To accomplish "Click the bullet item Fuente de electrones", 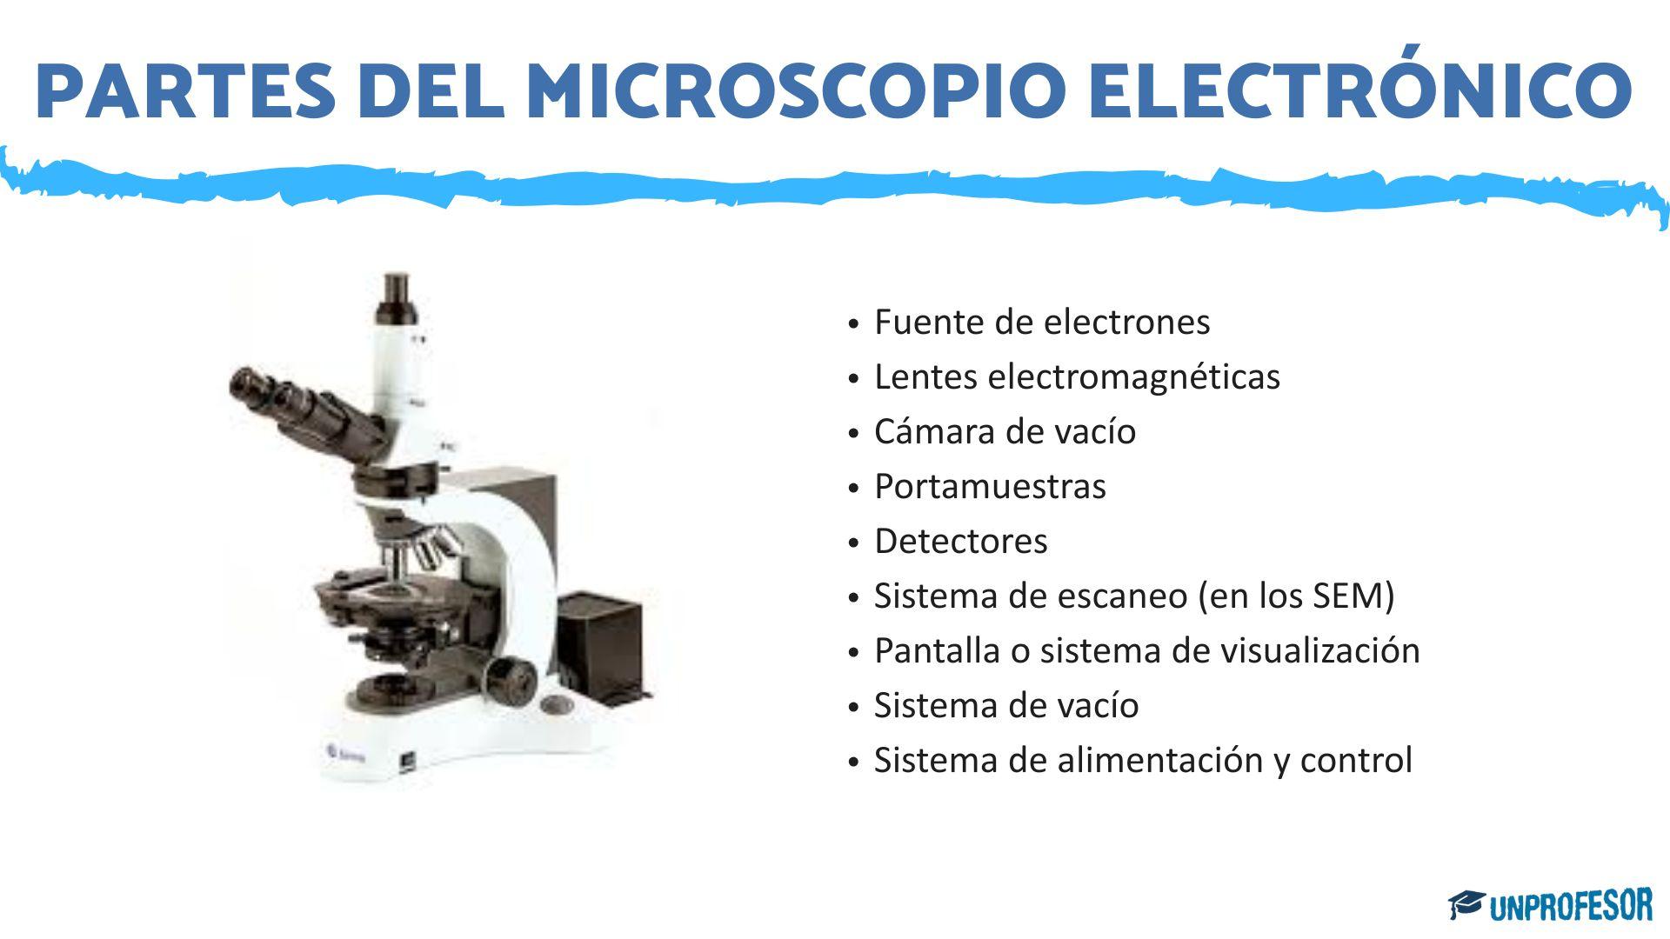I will (x=1041, y=322).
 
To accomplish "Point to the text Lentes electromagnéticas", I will (x=1077, y=376).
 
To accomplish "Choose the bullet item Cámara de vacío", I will (x=1005, y=431).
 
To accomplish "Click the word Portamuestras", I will (x=990, y=486).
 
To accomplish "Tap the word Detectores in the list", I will (x=960, y=541).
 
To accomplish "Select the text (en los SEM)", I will (x=1295, y=596).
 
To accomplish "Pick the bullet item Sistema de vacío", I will (x=1005, y=705).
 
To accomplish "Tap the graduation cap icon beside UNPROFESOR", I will (x=1466, y=904).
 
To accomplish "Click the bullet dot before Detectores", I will (x=854, y=543).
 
